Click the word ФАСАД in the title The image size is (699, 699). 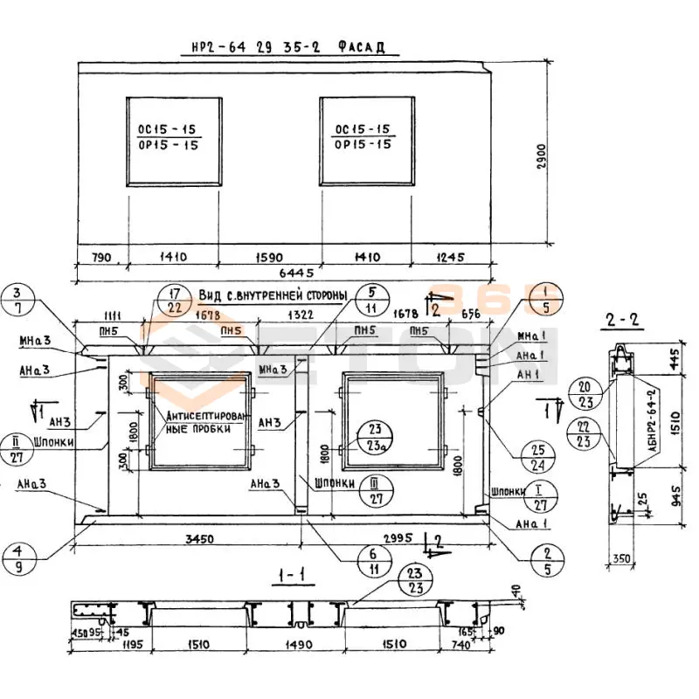(x=360, y=48)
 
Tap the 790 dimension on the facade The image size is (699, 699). (x=102, y=257)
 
